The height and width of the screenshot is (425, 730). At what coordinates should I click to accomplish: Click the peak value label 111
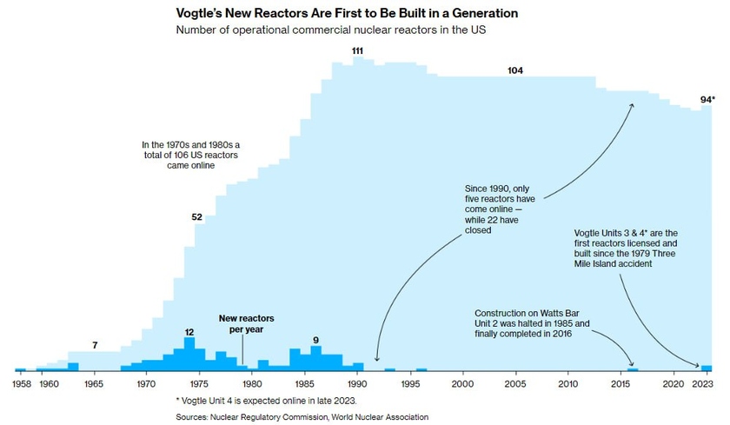357,51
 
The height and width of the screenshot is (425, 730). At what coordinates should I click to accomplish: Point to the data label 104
515,70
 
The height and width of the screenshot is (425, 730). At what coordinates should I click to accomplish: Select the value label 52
196,216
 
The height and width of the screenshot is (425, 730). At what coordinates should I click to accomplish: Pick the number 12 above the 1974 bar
189,332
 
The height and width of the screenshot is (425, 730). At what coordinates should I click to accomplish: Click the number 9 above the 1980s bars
315,340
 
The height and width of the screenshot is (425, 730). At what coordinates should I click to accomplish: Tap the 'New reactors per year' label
241,324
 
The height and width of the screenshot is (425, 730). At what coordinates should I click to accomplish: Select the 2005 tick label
515,382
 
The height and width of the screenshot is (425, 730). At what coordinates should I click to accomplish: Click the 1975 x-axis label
199,382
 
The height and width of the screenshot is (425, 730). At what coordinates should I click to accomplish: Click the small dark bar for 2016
633,369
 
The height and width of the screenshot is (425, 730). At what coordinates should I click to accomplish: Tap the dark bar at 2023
707,368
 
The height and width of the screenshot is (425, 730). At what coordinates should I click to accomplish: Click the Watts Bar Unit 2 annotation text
533,323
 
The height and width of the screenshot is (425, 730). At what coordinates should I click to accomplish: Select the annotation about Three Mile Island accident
620,247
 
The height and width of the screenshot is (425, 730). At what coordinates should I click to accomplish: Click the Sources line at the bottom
302,417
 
